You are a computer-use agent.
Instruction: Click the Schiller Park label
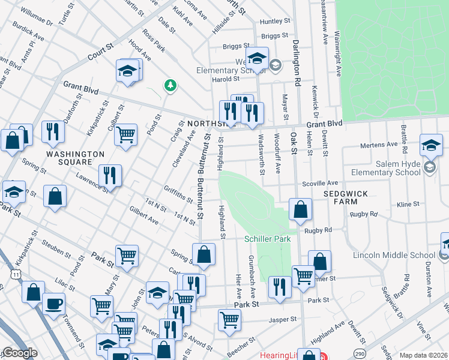click(267, 239)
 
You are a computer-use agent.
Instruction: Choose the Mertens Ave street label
click(379, 145)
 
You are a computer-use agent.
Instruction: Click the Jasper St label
click(283, 320)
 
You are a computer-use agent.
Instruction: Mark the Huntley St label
click(274, 22)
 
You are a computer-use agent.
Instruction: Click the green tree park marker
click(171, 85)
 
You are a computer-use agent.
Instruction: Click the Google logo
click(19, 353)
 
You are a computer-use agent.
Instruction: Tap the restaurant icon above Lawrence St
click(110, 175)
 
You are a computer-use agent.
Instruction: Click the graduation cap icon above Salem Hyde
click(431, 145)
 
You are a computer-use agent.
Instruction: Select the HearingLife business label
click(280, 355)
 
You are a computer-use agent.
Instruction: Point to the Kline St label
click(408, 205)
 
